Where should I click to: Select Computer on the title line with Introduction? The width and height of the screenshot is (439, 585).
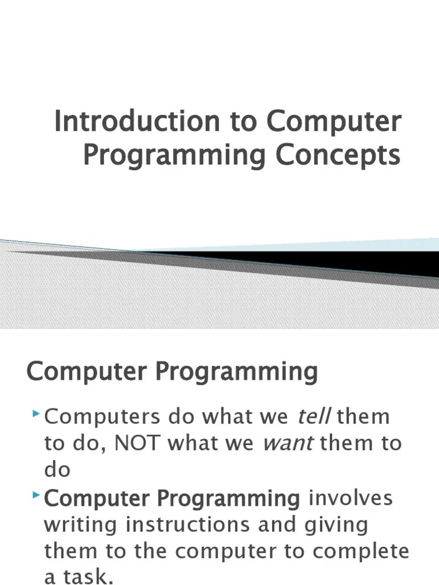[x=333, y=122]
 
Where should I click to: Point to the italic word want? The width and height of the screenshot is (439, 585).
[x=288, y=443]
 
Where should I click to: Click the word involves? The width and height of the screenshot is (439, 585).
[x=351, y=498]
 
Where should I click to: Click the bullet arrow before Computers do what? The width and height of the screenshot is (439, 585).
[x=36, y=412]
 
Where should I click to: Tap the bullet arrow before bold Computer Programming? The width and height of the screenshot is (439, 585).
[x=36, y=494]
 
